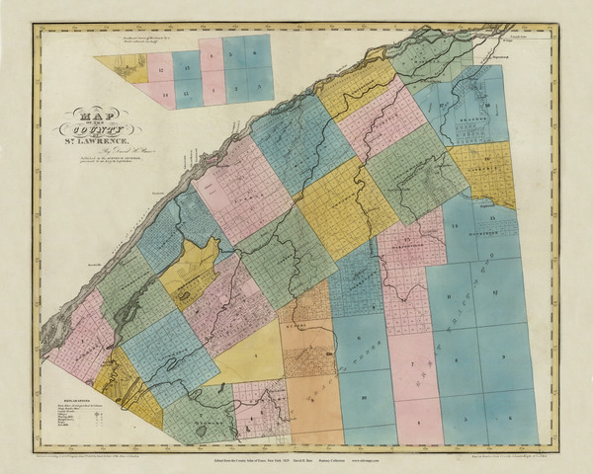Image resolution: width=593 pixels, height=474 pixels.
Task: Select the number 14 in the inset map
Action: coord(159,92)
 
